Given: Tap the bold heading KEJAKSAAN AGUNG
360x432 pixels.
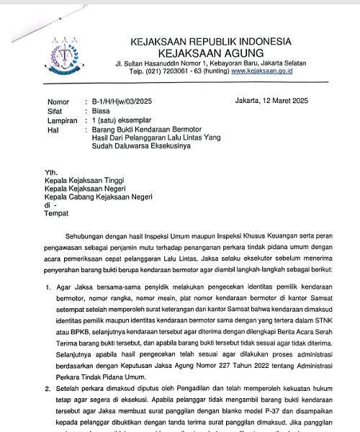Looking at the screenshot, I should pyautogui.click(x=209, y=53).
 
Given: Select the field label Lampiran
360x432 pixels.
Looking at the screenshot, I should pyautogui.click(x=63, y=121).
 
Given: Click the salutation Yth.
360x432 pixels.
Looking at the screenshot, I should pyautogui.click(x=50, y=173).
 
